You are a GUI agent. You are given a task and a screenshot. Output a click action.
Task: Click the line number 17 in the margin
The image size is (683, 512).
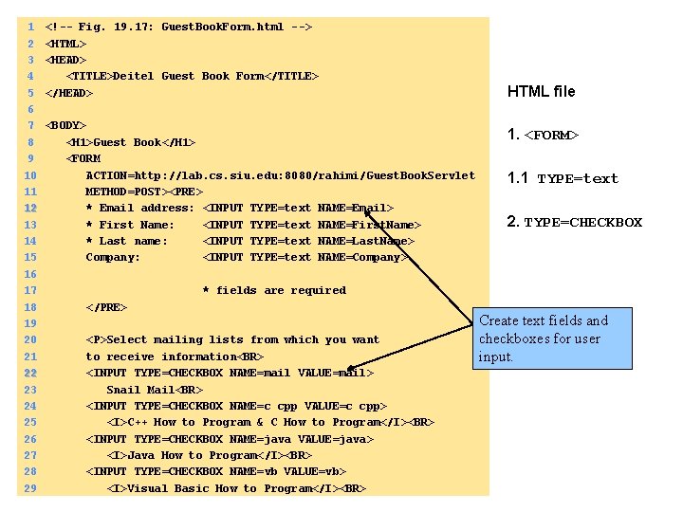[x=30, y=290]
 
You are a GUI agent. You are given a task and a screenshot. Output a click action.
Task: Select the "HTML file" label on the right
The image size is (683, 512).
[x=541, y=92]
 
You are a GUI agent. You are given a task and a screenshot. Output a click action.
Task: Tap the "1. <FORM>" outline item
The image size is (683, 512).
[x=543, y=135]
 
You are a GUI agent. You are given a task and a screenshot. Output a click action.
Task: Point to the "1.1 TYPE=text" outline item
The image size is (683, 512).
[x=563, y=178]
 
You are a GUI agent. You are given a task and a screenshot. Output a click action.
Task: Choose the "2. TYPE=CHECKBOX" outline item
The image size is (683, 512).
[x=574, y=223]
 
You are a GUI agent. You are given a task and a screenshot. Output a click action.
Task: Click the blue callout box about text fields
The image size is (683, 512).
[x=554, y=338]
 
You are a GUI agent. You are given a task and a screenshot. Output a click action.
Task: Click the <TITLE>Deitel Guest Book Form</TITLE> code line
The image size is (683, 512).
[x=192, y=76]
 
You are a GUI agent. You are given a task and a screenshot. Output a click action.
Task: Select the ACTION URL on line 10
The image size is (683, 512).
[x=280, y=175]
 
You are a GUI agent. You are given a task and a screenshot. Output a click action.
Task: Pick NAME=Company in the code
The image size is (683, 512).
[x=361, y=257]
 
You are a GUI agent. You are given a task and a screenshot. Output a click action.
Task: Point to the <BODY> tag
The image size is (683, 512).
[x=65, y=125]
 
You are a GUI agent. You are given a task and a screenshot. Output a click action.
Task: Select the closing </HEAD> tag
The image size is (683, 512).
[x=69, y=93]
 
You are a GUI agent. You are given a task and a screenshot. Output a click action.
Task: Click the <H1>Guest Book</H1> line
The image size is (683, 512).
[x=131, y=142]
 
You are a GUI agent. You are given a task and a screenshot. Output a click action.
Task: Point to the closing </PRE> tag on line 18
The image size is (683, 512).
[x=106, y=307]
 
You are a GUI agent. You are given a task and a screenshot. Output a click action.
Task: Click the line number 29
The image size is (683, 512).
[x=30, y=488]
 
